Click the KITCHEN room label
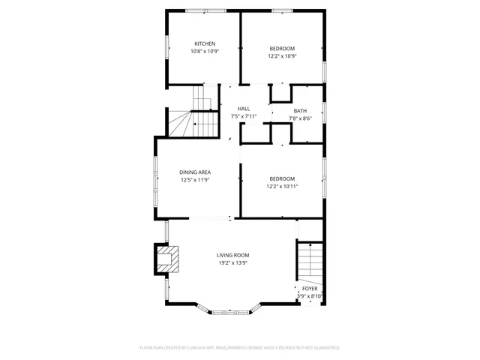205,43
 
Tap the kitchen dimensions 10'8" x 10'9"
205,52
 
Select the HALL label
244,109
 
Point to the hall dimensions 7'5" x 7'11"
244,116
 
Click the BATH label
300,110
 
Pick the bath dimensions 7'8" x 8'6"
300,118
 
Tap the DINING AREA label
194,172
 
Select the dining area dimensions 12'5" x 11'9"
194,180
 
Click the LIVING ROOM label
232,256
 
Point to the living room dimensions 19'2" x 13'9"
232,263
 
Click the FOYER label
310,289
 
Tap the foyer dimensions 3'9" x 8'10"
310,296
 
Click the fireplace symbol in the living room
166,259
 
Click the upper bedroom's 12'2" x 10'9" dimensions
282,56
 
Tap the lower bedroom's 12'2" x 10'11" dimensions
283,186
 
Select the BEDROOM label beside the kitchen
282,48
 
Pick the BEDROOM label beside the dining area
282,178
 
